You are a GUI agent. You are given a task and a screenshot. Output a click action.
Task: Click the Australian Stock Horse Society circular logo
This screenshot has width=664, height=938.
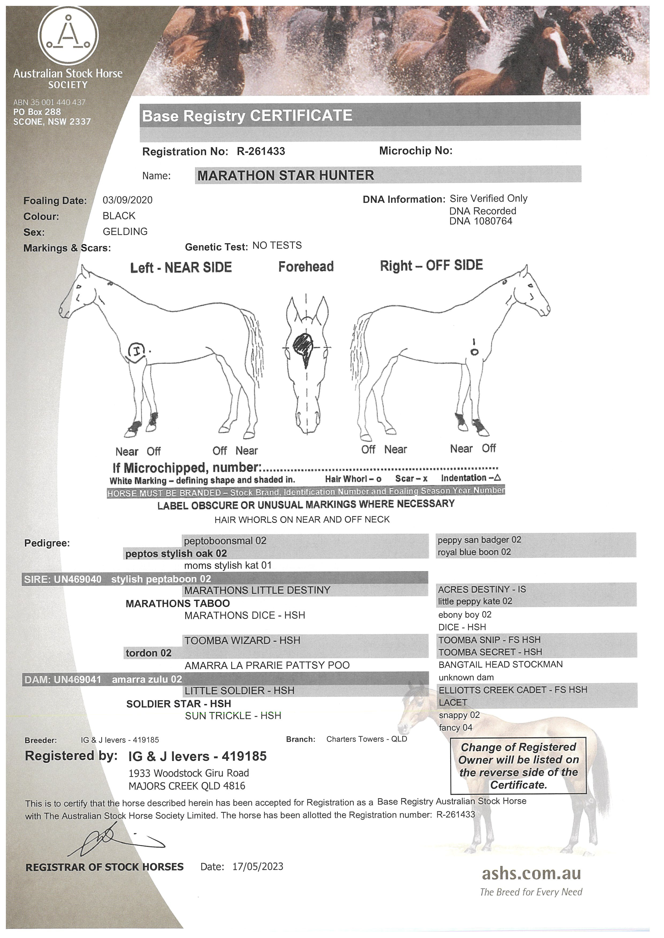(68, 36)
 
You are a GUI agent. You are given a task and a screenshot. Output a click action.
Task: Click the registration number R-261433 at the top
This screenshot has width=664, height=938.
(261, 152)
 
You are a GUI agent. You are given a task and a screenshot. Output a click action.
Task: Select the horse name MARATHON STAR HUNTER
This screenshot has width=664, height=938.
(285, 176)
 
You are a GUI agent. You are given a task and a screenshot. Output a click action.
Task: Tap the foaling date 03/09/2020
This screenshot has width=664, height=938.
(128, 200)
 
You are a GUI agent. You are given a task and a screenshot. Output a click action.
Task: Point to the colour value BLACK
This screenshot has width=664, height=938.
(119, 216)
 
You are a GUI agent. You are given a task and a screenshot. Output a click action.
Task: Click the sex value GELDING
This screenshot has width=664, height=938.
(125, 232)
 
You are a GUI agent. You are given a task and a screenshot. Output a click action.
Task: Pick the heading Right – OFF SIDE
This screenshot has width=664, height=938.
(431, 266)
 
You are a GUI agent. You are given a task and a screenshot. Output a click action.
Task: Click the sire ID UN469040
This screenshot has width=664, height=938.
(77, 579)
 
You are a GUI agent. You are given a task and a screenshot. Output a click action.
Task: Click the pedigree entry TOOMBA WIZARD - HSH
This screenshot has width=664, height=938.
(242, 641)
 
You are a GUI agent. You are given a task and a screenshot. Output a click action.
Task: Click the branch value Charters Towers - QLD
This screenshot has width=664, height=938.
(366, 739)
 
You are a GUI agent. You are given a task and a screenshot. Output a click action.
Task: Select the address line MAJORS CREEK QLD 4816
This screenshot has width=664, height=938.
(187, 786)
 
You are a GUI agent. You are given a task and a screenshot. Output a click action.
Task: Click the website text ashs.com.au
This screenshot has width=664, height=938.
(531, 873)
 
